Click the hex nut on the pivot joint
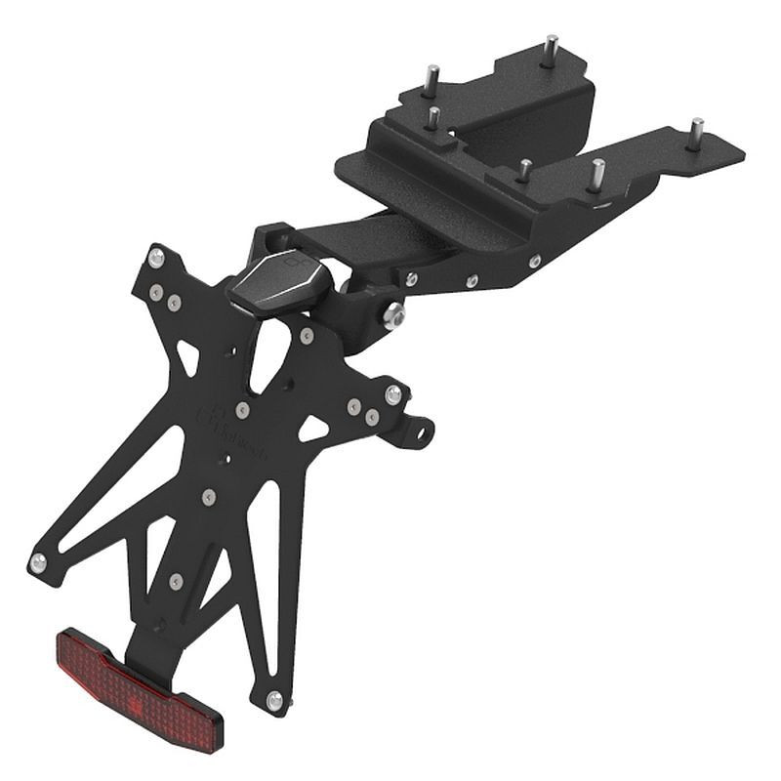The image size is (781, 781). coord(394,315)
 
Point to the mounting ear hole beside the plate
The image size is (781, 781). coord(421,429)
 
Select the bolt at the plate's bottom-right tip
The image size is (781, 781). coord(274,700)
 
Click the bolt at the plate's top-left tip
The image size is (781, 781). coord(155,258)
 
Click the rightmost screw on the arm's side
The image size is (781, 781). coord(534,261)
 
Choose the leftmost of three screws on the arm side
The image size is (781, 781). coord(412,279)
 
